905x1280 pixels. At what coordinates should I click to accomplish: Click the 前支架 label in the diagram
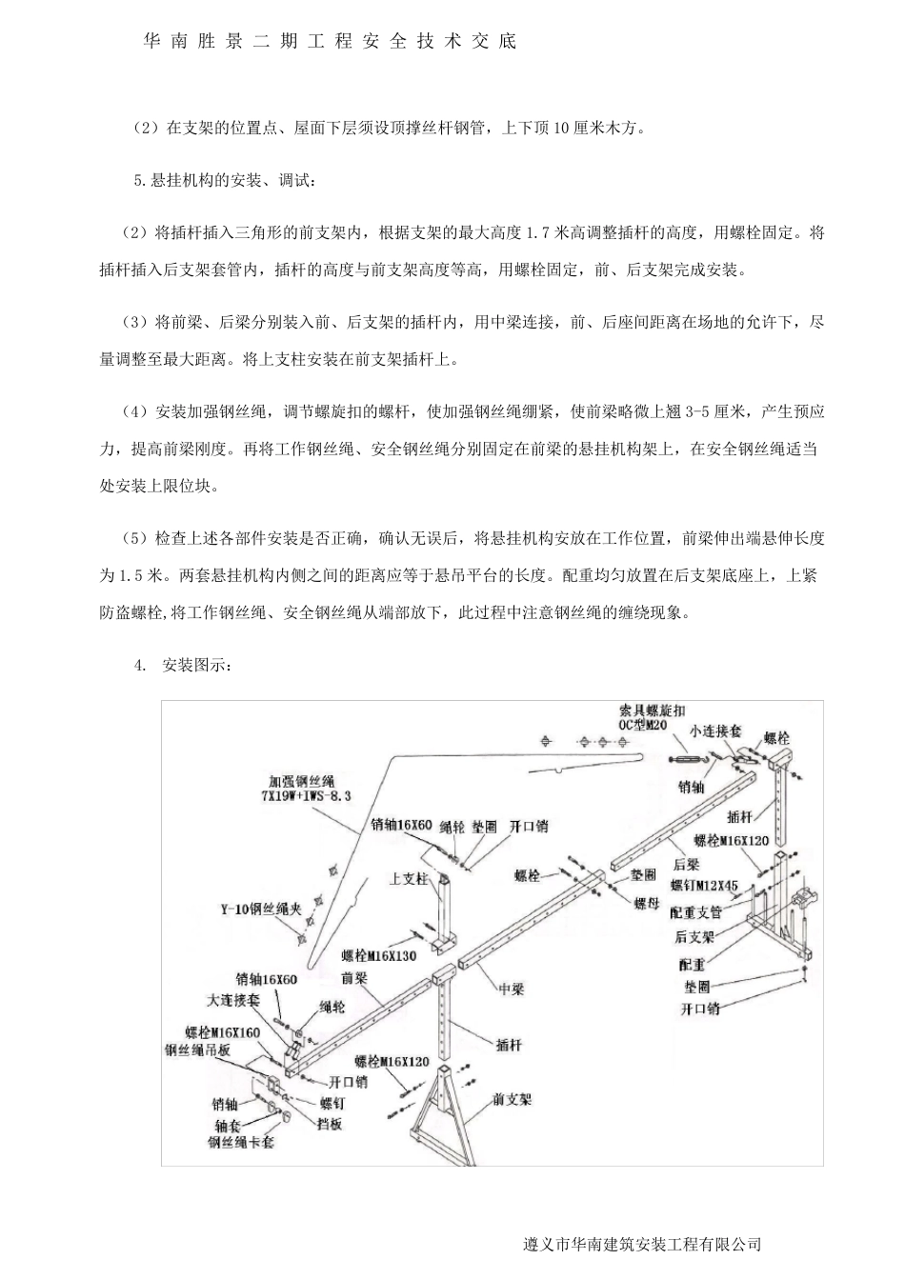pyautogui.click(x=512, y=1099)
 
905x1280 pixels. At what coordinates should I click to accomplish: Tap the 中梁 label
pyautogui.click(x=512, y=990)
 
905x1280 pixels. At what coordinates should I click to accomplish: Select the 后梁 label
pyautogui.click(x=687, y=864)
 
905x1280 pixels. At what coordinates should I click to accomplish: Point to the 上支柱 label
pyautogui.click(x=409, y=879)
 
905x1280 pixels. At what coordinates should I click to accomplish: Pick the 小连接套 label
pyautogui.click(x=716, y=731)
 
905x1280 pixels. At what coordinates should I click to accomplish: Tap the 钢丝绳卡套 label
pyautogui.click(x=241, y=1141)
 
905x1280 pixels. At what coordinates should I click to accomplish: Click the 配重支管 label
pyautogui.click(x=696, y=912)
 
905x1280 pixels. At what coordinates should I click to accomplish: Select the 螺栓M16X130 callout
pyautogui.click(x=379, y=955)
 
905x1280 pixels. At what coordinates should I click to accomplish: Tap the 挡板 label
pyautogui.click(x=329, y=1124)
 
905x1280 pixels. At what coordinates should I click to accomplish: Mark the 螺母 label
pyautogui.click(x=647, y=902)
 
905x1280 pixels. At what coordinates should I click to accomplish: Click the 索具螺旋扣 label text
pyautogui.click(x=652, y=710)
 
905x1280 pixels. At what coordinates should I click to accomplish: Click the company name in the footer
pyautogui.click(x=642, y=1244)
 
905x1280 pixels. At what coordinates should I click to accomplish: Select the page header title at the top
pyautogui.click(x=329, y=42)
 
